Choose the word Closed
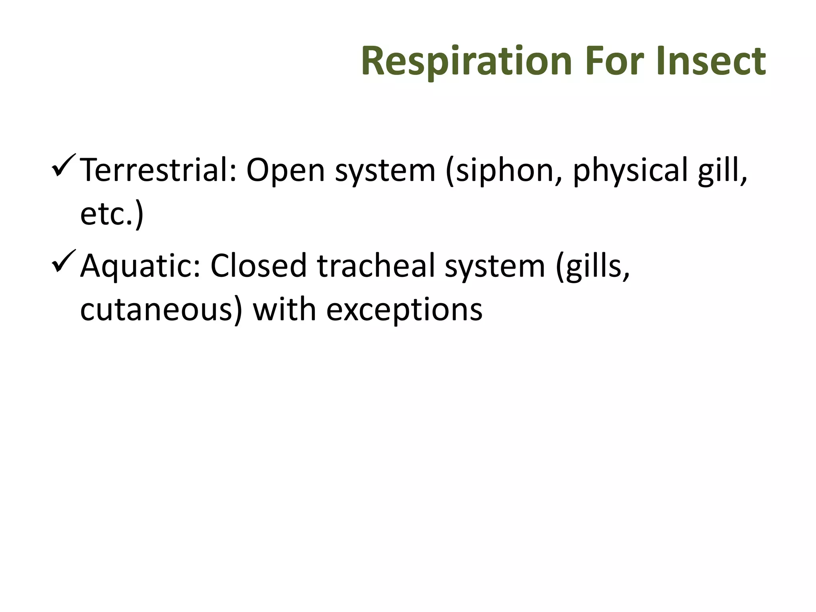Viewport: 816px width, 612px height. (x=258, y=266)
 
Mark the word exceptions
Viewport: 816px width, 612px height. (x=404, y=310)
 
